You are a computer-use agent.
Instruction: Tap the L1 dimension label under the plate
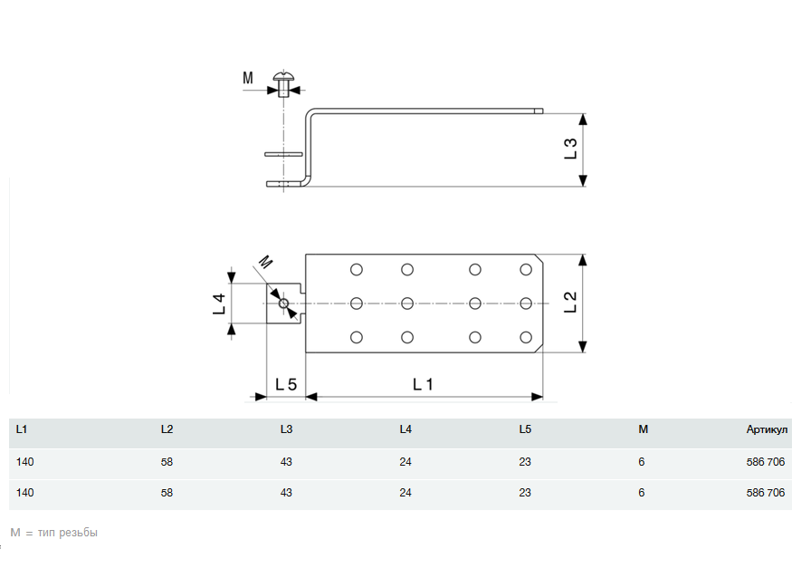(x=423, y=384)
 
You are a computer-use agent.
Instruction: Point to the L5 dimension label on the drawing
(x=285, y=384)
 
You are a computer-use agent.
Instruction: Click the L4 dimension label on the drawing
(x=219, y=303)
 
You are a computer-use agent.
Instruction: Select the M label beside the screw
(x=248, y=78)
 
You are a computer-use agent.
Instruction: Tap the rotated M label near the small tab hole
(x=264, y=264)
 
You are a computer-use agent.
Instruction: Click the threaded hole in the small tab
(x=284, y=303)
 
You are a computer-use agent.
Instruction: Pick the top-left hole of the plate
(x=356, y=269)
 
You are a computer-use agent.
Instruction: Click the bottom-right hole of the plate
(x=526, y=337)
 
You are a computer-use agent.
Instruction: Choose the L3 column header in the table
(x=286, y=429)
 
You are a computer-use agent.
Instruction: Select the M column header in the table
(x=643, y=429)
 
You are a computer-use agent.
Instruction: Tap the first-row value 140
(x=25, y=462)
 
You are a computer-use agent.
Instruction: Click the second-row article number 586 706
(x=766, y=494)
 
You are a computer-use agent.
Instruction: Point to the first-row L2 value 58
(x=167, y=462)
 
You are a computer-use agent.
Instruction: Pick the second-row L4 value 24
(x=405, y=494)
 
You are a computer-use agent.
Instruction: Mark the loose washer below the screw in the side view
(x=284, y=154)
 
